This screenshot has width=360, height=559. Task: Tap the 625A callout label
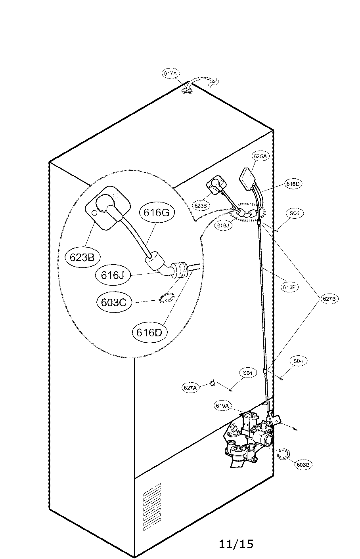tap(260, 156)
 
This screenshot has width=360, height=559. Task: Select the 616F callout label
tap(289, 287)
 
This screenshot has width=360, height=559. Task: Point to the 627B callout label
tap(329, 299)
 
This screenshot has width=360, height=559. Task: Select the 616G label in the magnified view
tap(156, 213)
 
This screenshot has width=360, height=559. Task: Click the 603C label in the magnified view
tap(114, 302)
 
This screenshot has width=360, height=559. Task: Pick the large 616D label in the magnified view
tap(149, 332)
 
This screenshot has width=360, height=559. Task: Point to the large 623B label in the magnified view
tap(82, 257)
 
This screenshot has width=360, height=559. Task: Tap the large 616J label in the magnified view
tap(113, 275)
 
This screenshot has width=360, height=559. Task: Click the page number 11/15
tap(236, 544)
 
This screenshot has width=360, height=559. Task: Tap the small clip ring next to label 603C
tap(166, 299)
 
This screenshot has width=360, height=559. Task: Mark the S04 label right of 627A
tap(247, 373)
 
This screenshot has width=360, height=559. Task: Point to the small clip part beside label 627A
tap(213, 383)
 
